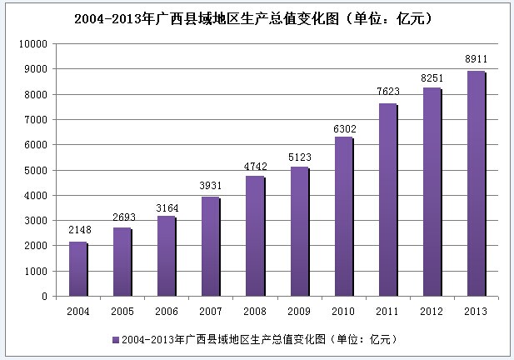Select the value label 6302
343,128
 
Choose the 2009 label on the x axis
298,310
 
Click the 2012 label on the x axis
432,310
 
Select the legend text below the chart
258,340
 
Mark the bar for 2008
253,236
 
